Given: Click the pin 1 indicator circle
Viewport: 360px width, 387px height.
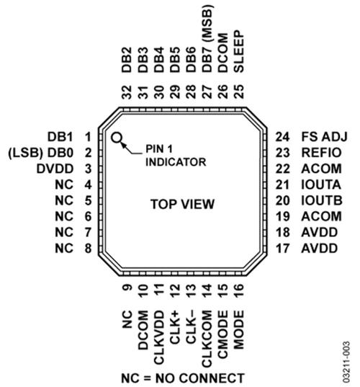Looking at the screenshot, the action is (117, 138).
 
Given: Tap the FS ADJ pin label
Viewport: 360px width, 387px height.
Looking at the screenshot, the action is (324, 137).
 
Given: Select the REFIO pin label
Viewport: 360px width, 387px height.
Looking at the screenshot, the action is (321, 153).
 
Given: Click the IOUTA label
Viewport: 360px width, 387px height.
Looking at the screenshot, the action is (321, 184).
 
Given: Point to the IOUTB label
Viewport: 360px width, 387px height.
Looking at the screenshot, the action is (322, 200).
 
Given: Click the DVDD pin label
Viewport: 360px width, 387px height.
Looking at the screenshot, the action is (55, 169).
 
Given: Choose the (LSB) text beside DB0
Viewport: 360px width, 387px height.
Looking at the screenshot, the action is (26, 153).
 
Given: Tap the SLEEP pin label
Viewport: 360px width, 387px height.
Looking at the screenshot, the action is (239, 51).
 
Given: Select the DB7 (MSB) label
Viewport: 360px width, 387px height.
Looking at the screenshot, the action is (207, 38).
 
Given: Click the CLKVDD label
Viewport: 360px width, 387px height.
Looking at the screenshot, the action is (159, 337).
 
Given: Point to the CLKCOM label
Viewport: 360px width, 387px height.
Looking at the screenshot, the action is (207, 339).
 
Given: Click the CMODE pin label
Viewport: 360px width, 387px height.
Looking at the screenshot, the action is (222, 334).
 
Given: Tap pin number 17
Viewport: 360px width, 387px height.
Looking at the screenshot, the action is (282, 249).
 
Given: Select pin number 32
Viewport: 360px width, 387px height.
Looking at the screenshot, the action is (127, 92).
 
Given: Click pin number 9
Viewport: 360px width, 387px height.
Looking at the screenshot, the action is (127, 288).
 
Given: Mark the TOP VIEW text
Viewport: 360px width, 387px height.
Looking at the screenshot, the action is (182, 204).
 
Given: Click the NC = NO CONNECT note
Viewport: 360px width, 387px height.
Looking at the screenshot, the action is (183, 378).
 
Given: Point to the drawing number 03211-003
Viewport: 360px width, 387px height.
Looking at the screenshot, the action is (346, 362).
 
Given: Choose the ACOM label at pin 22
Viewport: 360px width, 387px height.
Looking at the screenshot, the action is (321, 169).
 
